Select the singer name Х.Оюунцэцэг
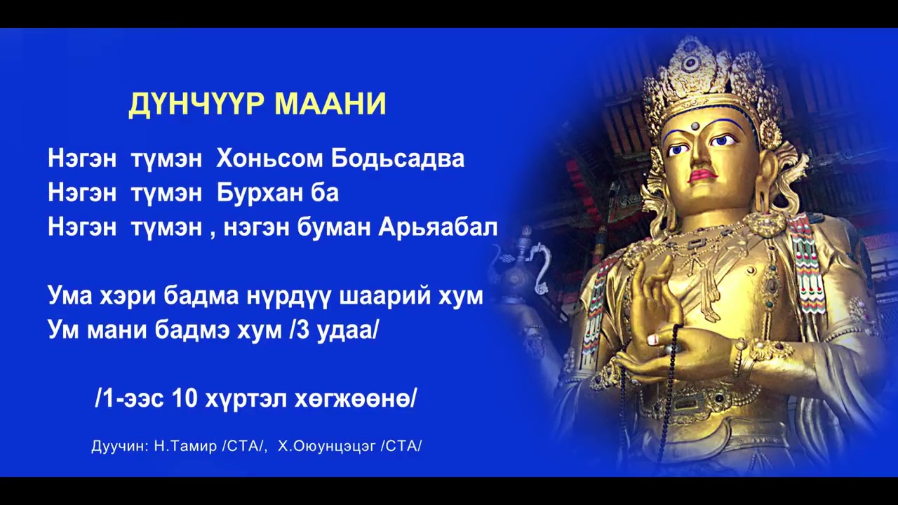coord(327,446)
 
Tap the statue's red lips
coord(702,175)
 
